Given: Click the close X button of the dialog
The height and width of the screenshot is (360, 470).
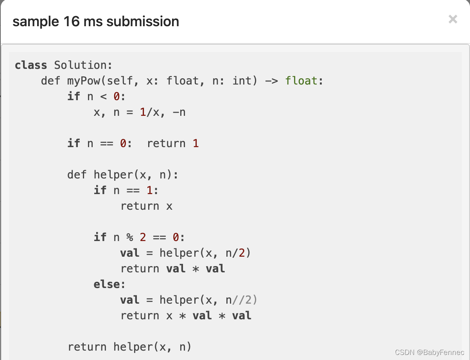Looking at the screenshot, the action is click(x=453, y=19).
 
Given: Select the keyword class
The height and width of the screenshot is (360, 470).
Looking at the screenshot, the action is click(x=31, y=65).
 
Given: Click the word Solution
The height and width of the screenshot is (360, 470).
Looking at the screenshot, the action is click(x=83, y=65).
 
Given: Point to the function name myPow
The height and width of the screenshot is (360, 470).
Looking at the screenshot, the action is click(x=83, y=81).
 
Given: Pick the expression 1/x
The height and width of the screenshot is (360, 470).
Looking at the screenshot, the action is click(x=150, y=112).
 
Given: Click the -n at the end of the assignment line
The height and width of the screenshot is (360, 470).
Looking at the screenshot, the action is click(x=179, y=112).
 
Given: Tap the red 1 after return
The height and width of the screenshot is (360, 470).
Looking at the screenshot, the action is click(x=196, y=144).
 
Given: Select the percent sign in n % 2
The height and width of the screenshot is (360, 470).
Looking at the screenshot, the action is click(x=129, y=238).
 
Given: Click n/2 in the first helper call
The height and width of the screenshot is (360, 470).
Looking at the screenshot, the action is click(x=235, y=253).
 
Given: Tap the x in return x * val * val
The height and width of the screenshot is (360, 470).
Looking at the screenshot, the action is click(x=169, y=316).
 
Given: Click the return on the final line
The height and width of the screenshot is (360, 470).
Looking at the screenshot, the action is click(x=87, y=347).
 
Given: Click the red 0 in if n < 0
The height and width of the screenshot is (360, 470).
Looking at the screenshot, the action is click(x=117, y=97).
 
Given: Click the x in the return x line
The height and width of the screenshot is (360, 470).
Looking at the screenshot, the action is click(x=169, y=206).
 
